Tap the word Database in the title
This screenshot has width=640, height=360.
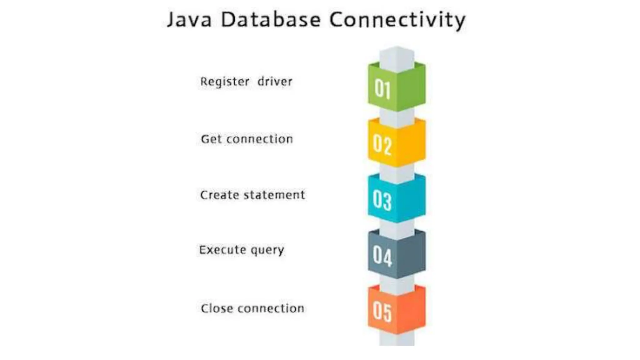pos(271,19)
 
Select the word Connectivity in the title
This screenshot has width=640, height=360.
pos(397,20)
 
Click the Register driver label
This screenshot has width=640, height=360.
pos(246,82)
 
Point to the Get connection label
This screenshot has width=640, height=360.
pos(247,139)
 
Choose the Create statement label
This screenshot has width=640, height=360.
pos(252,195)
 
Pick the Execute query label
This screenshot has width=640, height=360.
pos(242,250)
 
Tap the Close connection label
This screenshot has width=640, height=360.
pos(252,308)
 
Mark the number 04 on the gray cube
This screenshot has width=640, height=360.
pos(382,256)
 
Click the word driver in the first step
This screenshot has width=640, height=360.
pos(275,82)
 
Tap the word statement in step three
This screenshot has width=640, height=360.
pos(274,195)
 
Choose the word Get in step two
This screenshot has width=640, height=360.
pos(211,139)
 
